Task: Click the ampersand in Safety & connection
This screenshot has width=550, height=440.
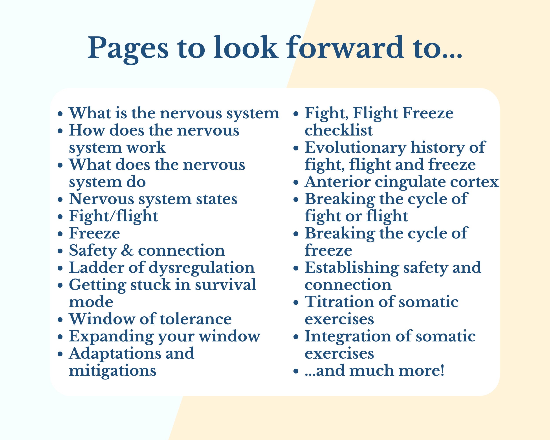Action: point(127,251)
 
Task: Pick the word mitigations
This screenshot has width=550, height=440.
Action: point(112,371)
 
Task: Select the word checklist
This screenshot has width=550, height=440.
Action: point(338,130)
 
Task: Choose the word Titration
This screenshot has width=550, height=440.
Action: point(339,302)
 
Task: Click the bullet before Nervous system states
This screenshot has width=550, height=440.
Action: point(60,200)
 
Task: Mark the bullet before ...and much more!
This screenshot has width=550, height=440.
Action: point(296,371)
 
